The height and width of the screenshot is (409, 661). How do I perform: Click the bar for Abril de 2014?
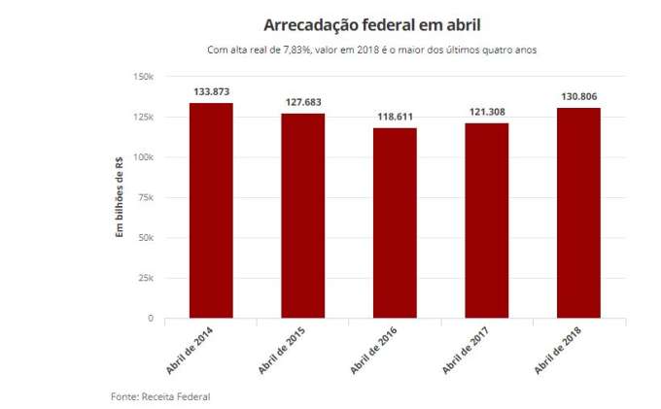coord(211,210)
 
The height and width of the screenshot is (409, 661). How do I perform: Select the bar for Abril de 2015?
coord(303,216)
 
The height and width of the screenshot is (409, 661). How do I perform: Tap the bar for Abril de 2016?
coord(395,222)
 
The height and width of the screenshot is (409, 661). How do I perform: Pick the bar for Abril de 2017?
coord(487,221)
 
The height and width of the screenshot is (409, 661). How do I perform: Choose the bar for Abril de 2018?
coord(578,213)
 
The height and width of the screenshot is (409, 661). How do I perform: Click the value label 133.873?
coord(212,91)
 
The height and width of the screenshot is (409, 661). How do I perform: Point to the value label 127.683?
coord(303,102)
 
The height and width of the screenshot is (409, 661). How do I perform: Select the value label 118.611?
coord(395,117)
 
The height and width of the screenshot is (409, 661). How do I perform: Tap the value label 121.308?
coord(487,112)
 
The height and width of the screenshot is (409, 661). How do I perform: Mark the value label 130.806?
coord(578,96)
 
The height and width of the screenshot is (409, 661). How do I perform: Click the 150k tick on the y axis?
coord(143,77)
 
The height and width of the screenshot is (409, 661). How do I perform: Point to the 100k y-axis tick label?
coord(143,157)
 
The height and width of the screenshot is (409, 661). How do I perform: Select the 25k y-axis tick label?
coord(146,278)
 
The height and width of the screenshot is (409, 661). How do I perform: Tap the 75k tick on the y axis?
coord(146,197)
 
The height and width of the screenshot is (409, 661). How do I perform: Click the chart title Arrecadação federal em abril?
coord(370,24)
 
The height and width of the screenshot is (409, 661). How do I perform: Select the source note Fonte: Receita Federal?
coord(159,396)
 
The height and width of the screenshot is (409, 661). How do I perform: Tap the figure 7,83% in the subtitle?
coord(292,49)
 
